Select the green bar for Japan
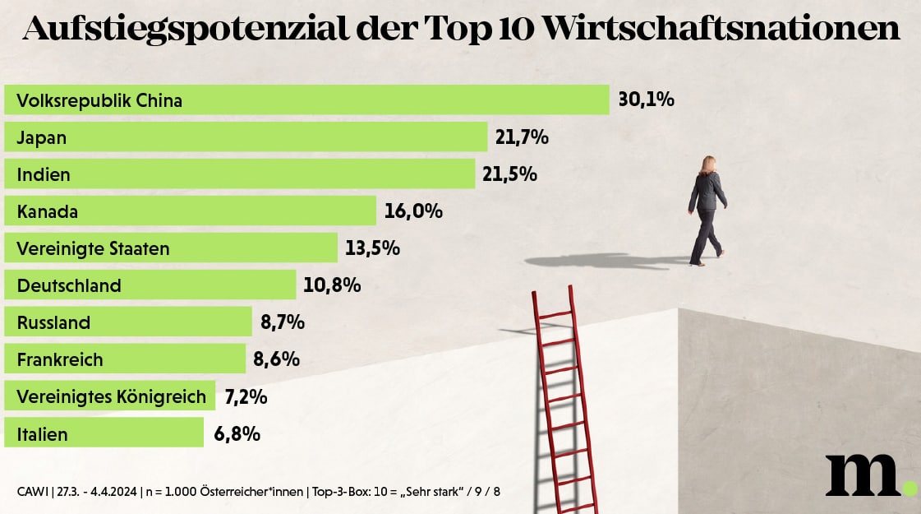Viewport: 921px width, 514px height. pos(246,137)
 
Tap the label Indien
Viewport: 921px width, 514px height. pos(44,174)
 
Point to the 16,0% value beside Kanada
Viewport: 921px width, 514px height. pos(413,211)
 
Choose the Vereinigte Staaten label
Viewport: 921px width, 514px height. pos(93,248)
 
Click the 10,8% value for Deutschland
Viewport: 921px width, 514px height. pos(332,285)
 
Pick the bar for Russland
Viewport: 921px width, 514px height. pos(128,322)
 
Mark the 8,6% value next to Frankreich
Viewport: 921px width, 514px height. pos(276,359)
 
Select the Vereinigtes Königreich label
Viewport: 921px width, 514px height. pos(111,396)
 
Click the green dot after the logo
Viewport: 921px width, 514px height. pos(909,488)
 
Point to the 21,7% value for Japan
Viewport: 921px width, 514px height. pos(522,137)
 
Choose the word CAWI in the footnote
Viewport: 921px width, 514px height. pos(31,492)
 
